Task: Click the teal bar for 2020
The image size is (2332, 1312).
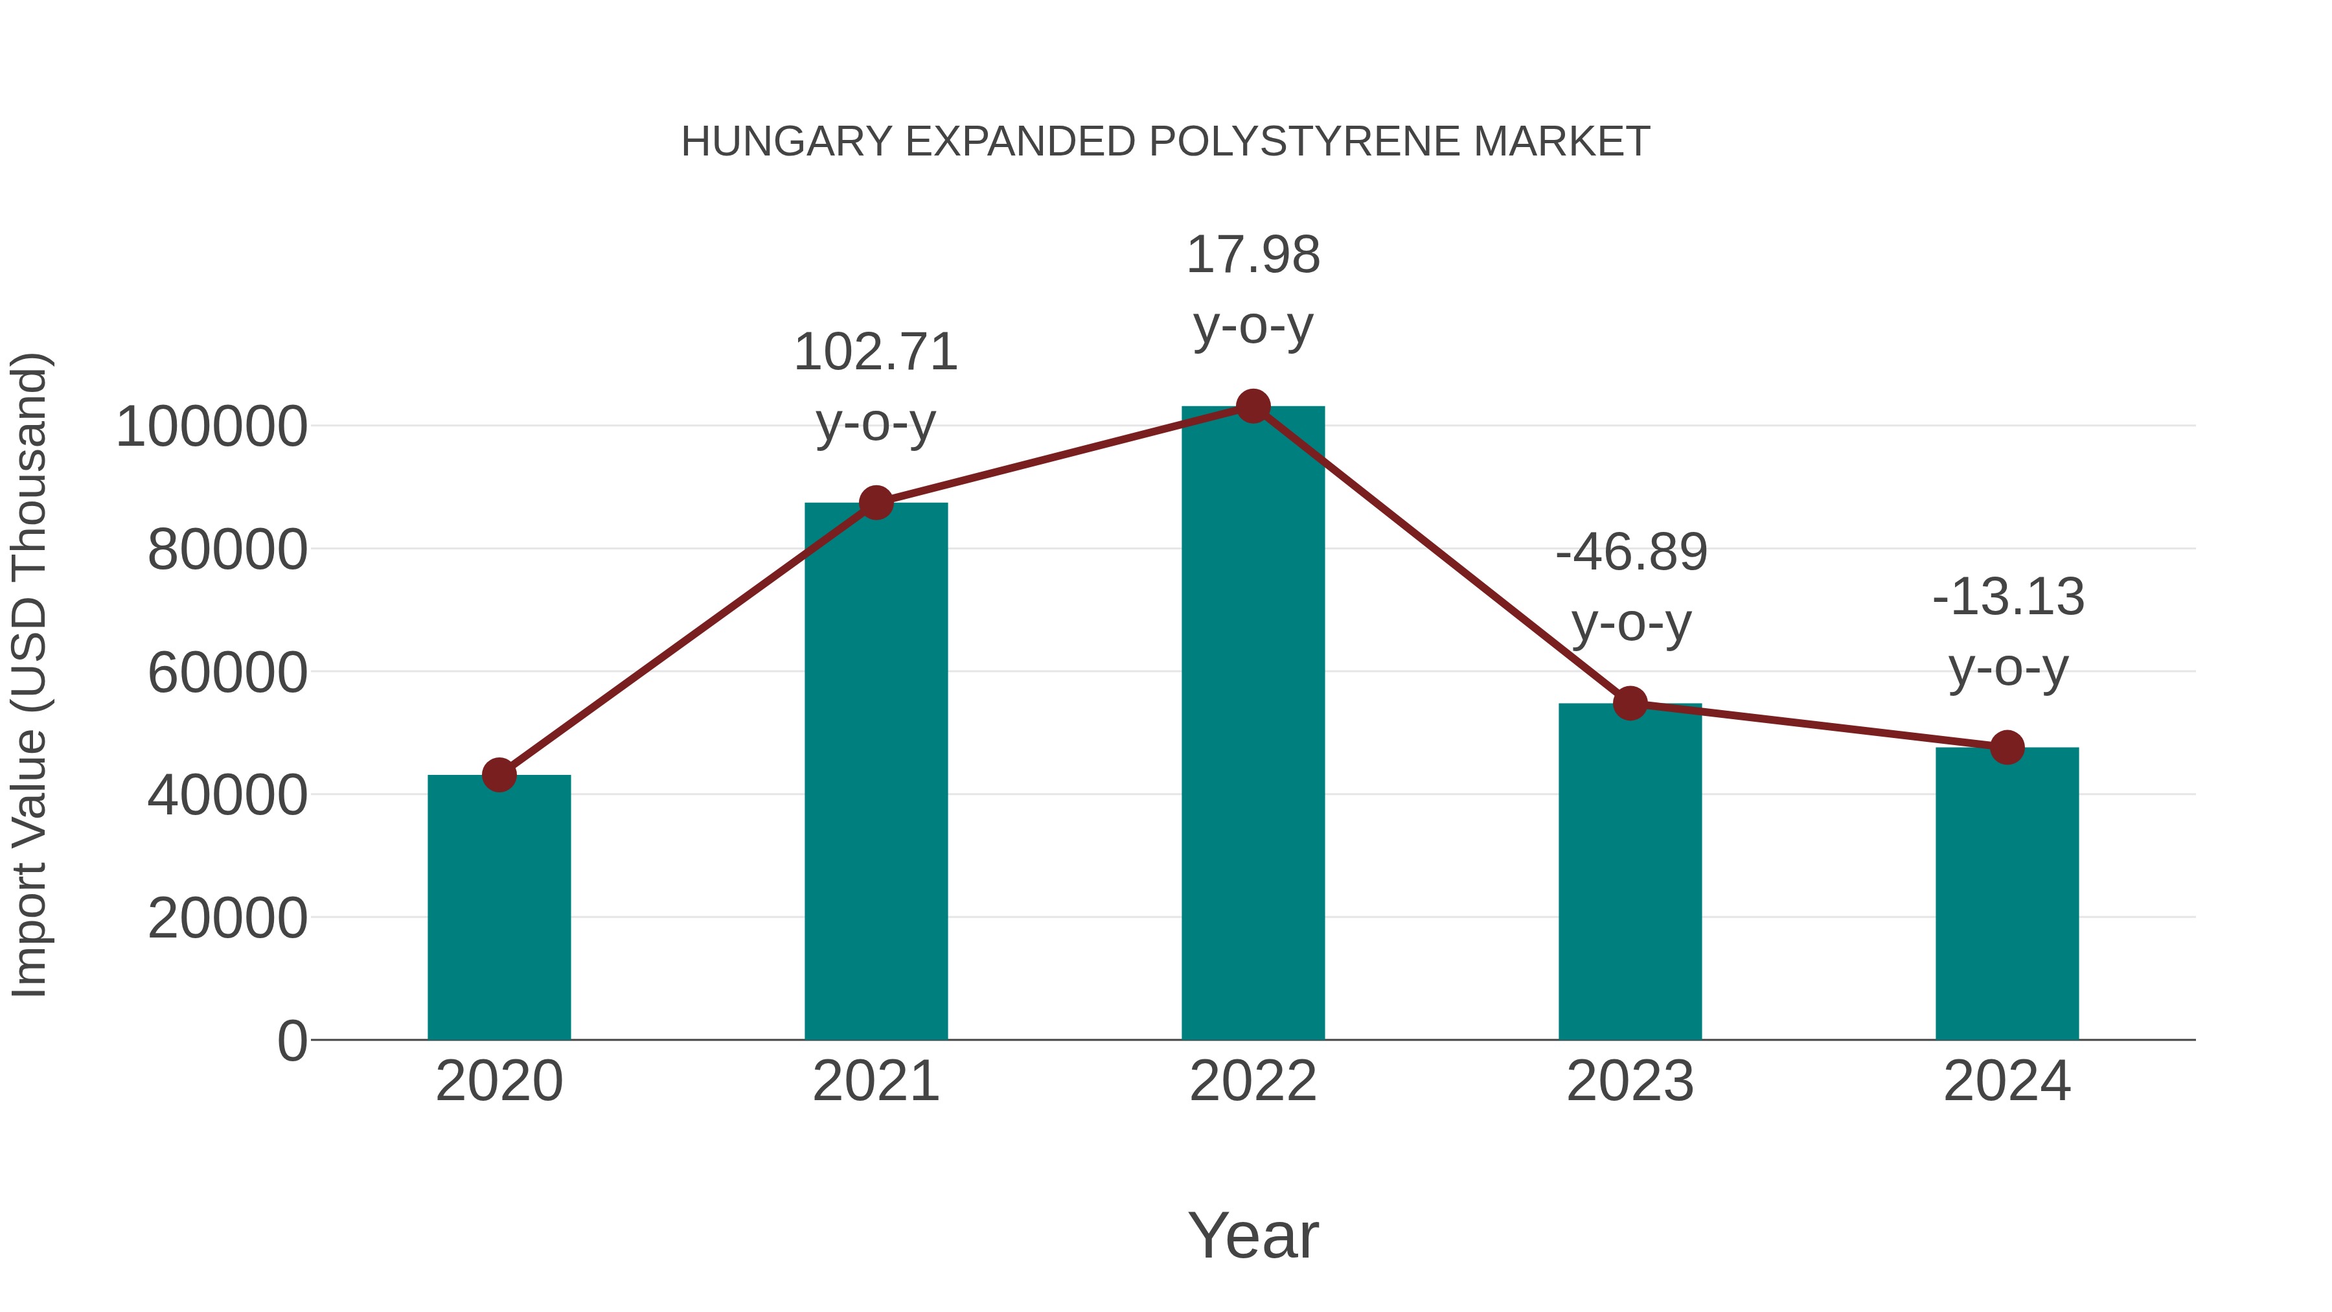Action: point(499,906)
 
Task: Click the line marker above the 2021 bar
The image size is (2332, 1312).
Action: point(875,503)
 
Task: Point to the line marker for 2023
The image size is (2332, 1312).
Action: point(1630,702)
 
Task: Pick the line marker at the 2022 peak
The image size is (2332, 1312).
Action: point(1253,406)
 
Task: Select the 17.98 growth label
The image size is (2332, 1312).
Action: point(1253,255)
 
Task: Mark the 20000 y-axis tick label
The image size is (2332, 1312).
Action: point(227,918)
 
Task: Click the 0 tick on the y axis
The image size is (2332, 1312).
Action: point(292,1041)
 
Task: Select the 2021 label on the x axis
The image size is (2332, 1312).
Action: point(875,1081)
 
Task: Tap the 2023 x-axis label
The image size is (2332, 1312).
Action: point(1630,1081)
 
